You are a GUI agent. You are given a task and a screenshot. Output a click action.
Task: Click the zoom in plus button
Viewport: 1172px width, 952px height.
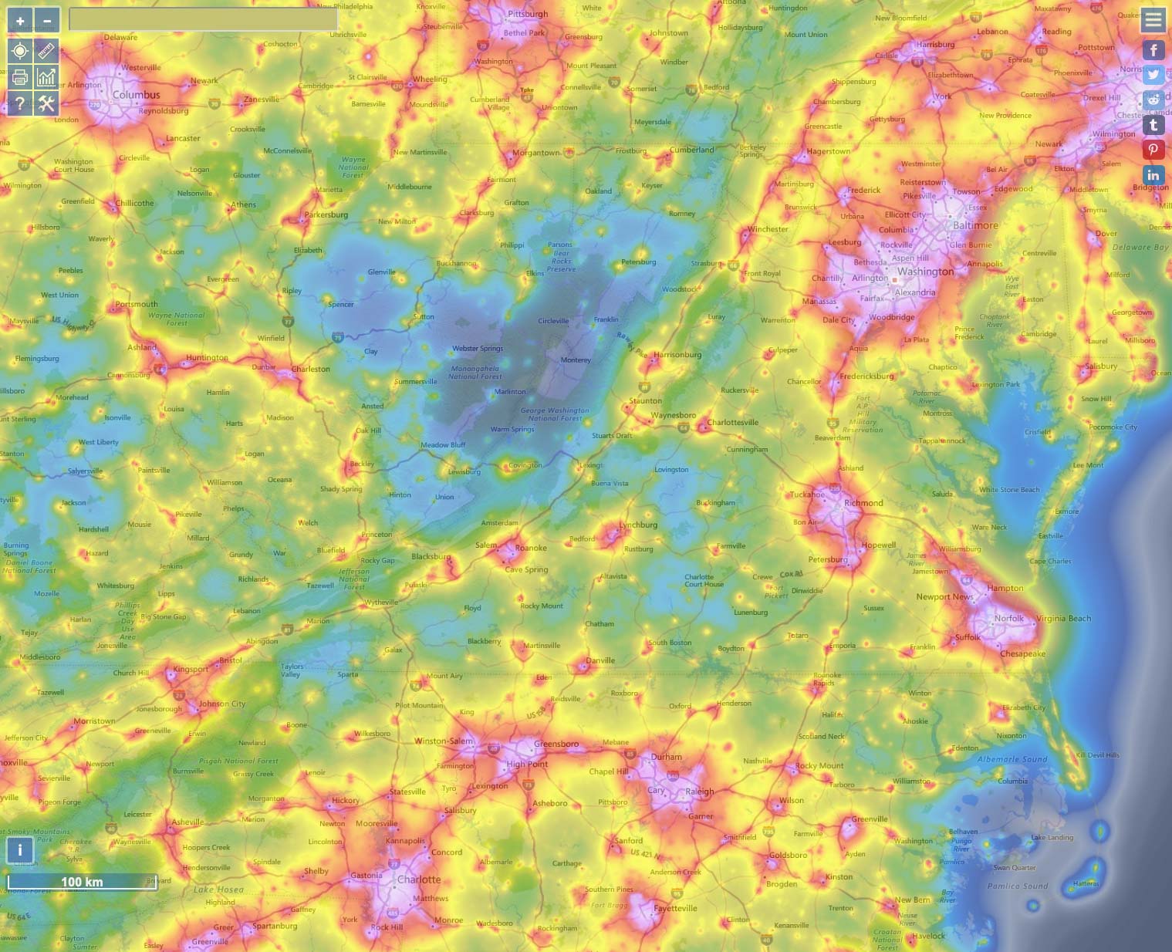[x=20, y=21]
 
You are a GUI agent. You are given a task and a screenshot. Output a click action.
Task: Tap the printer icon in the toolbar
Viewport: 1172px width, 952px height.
[x=20, y=77]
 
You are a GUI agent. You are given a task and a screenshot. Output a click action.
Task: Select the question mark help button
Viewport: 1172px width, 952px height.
[x=20, y=103]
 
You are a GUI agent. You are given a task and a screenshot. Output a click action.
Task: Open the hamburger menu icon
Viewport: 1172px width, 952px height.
[x=1153, y=20]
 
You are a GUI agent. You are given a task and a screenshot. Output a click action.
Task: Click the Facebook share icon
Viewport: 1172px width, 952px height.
[x=1153, y=50]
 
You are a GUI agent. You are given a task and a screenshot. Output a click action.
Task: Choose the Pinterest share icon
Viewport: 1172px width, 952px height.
[x=1153, y=150]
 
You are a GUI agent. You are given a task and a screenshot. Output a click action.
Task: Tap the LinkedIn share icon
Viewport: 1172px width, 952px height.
[x=1153, y=175]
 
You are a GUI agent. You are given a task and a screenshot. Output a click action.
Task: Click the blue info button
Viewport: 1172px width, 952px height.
[x=20, y=850]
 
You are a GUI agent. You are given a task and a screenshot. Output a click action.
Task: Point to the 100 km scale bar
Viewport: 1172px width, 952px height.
[x=83, y=882]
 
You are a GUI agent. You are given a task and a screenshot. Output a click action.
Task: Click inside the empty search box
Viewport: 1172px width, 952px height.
[x=203, y=19]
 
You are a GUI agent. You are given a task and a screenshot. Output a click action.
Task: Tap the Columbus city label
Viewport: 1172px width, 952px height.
[x=136, y=95]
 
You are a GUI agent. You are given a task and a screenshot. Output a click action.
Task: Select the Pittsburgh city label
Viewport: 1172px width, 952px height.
[x=528, y=14]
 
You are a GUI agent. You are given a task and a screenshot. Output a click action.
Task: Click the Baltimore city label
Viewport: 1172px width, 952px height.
[x=975, y=225]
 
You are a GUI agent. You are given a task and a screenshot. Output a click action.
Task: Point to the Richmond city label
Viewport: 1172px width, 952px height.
[x=863, y=503]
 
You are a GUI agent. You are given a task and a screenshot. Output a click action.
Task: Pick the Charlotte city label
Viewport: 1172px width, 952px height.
[x=419, y=879]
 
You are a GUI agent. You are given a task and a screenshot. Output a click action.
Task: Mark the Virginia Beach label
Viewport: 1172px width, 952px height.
[x=1063, y=618]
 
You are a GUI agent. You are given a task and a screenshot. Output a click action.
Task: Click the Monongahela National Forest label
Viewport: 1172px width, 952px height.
[x=475, y=372]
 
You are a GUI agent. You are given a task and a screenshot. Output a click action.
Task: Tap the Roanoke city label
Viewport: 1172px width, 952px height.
[x=531, y=548]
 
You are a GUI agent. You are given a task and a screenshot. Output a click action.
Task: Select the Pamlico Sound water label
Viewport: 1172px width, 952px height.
[x=1018, y=886]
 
